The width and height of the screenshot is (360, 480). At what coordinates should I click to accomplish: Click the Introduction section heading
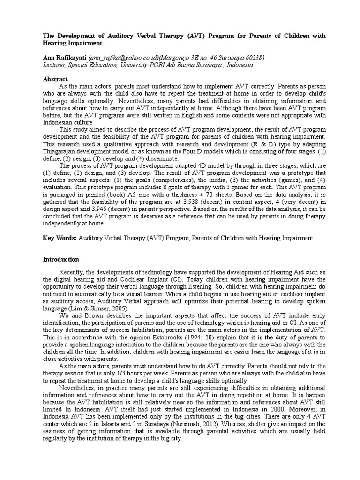point(61,259)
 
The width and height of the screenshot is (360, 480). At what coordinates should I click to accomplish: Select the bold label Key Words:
point(60,238)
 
